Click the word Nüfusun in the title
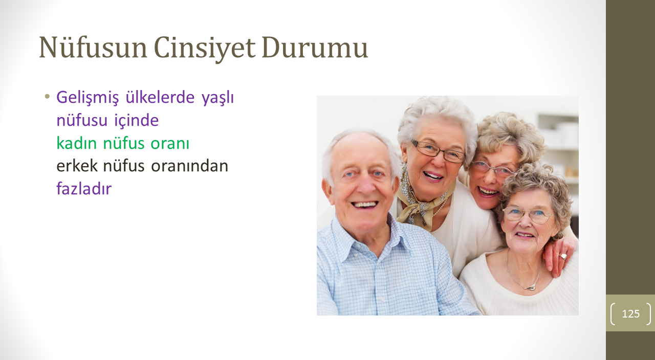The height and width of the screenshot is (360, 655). pyautogui.click(x=93, y=48)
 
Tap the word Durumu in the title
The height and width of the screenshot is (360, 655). pyautogui.click(x=315, y=48)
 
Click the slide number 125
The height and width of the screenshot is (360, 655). pyautogui.click(x=631, y=313)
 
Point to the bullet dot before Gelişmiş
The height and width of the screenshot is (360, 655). pyautogui.click(x=47, y=96)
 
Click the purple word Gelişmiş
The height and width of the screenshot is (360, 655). pyautogui.click(x=88, y=98)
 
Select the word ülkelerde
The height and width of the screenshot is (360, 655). pyautogui.click(x=160, y=97)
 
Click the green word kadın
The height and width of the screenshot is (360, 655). pyautogui.click(x=76, y=143)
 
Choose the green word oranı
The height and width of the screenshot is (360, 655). pyautogui.click(x=170, y=144)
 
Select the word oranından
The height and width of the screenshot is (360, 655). pyautogui.click(x=189, y=166)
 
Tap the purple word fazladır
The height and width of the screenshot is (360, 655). pyautogui.click(x=84, y=189)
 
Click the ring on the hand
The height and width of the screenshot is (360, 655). pyautogui.click(x=563, y=256)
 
